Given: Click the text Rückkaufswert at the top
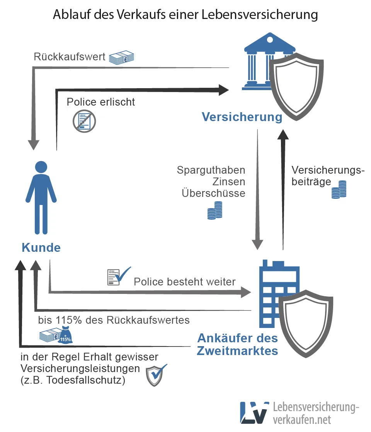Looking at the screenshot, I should pyautogui.click(x=70, y=57).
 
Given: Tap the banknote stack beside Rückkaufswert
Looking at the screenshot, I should pyautogui.click(x=121, y=58).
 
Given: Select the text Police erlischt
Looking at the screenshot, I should pyautogui.click(x=101, y=102).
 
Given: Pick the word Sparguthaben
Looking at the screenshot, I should pyautogui.click(x=211, y=170).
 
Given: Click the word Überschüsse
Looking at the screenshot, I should pyautogui.click(x=213, y=193).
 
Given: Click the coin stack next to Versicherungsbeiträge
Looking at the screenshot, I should pyautogui.click(x=338, y=190).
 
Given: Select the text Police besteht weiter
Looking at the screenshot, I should pyautogui.click(x=184, y=282).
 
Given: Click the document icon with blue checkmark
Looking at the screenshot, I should pyautogui.click(x=118, y=276).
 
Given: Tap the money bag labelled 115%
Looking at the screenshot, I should pyautogui.click(x=65, y=336).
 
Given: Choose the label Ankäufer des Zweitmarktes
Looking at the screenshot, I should pyautogui.click(x=237, y=344).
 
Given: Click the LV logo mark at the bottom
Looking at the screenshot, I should pyautogui.click(x=254, y=412).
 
